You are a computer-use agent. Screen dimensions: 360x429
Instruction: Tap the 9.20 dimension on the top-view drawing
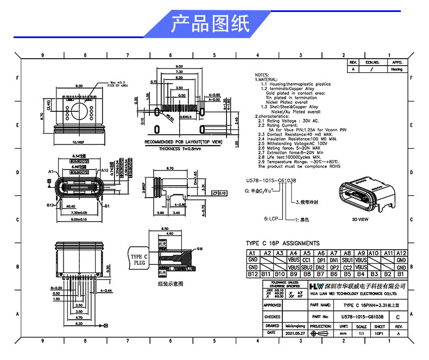coord(78,86)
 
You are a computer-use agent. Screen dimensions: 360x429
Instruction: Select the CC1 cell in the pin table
coord(307,260)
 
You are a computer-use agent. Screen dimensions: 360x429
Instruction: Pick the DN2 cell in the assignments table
coord(320,267)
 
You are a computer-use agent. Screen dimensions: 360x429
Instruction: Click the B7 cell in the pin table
coord(320,274)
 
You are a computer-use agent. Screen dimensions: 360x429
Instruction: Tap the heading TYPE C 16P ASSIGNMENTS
coord(283,243)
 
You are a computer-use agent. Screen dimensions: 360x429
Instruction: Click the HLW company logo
coord(315,286)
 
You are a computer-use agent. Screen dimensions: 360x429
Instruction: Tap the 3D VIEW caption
coord(361,220)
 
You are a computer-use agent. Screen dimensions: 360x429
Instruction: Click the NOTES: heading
coord(262,75)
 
